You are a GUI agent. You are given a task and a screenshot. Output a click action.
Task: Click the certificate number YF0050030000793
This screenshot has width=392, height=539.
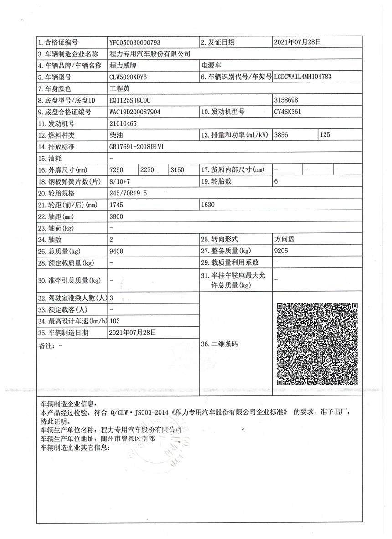pos(135,42)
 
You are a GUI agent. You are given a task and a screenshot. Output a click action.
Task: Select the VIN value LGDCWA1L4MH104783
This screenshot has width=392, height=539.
pos(303,77)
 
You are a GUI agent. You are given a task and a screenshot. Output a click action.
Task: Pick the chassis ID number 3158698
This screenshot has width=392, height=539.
pos(286,100)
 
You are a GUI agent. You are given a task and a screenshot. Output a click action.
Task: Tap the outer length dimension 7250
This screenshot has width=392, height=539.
pos(117,170)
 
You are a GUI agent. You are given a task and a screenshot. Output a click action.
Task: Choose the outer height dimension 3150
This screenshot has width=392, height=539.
pos(177,170)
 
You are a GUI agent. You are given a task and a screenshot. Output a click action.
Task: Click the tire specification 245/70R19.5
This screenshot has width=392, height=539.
pos(129,193)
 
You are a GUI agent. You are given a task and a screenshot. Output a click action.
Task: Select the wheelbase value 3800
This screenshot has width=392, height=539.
pos(117,217)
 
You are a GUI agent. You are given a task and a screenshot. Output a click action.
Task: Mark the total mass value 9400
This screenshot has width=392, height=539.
pos(117,251)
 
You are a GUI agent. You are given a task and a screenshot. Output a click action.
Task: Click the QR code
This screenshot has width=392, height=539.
pos(317,344)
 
